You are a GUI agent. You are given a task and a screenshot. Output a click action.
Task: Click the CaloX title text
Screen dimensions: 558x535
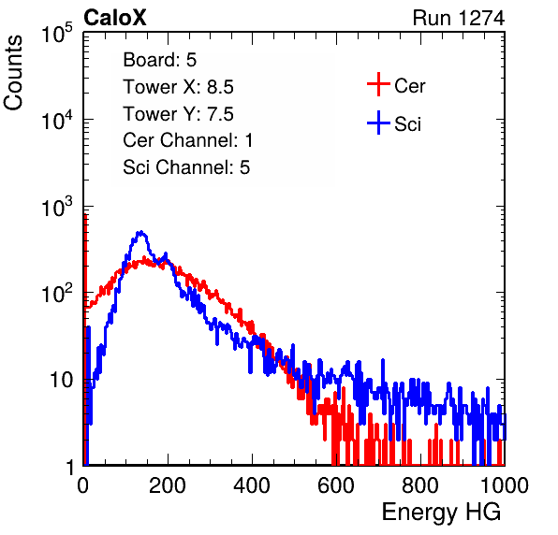[x=115, y=18]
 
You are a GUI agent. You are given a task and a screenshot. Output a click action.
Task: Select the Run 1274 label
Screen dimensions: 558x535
[x=459, y=18]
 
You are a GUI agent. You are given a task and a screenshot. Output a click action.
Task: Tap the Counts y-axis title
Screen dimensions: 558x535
[x=13, y=73]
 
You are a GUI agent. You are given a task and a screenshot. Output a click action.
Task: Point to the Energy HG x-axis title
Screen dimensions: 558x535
[x=441, y=513]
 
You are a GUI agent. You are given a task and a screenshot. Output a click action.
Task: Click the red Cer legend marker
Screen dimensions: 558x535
[x=378, y=84]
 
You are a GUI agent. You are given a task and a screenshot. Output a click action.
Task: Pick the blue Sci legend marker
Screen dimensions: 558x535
[x=378, y=123]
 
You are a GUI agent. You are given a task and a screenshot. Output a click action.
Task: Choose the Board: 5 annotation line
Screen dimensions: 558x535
[x=159, y=60]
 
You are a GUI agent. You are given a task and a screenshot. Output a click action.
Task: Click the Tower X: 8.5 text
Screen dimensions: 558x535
[x=178, y=87]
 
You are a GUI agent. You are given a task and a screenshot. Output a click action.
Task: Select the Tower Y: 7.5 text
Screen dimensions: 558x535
[x=178, y=114]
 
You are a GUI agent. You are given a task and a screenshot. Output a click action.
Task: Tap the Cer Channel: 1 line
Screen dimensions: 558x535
[x=188, y=140]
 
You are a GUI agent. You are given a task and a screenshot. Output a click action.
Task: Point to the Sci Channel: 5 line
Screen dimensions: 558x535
[x=186, y=167]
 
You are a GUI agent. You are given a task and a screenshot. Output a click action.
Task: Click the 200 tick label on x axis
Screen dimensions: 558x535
[x=168, y=485]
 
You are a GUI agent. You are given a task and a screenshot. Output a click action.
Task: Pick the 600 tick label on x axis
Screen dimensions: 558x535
[x=336, y=485]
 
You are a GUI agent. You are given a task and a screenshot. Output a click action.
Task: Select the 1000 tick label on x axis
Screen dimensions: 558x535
[x=505, y=485]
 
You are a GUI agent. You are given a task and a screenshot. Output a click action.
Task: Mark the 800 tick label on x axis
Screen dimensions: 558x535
[x=420, y=485]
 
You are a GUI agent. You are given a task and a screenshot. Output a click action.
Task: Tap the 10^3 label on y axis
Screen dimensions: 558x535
[x=57, y=206]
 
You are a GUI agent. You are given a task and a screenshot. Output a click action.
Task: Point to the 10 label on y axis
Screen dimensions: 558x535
[x=61, y=380]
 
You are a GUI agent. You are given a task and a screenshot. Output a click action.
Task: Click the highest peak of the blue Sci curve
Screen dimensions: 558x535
[x=141, y=232]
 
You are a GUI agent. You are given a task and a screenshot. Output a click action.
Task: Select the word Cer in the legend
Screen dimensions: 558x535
[x=409, y=86]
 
